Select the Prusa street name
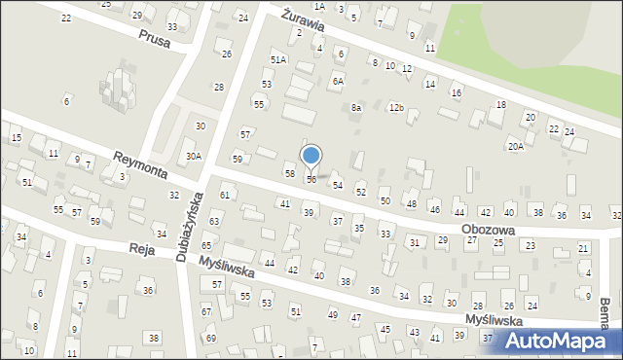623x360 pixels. click(154, 42)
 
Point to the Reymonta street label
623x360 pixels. click(140, 165)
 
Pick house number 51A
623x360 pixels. click(279, 59)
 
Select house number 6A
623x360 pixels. click(338, 82)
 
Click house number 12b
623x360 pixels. click(395, 107)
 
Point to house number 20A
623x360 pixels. click(515, 146)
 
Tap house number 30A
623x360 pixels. click(194, 156)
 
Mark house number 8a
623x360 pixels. click(356, 107)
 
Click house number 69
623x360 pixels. click(211, 338)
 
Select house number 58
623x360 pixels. click(289, 172)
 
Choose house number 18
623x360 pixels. click(500, 104)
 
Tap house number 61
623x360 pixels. click(224, 195)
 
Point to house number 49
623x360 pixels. click(332, 314)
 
